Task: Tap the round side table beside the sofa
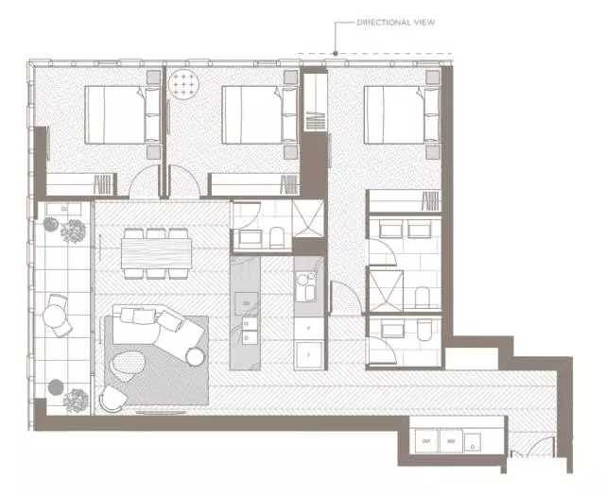click(196, 355)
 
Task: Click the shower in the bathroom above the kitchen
click(307, 222)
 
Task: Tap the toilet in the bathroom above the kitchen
click(277, 236)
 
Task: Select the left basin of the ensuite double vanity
click(388, 231)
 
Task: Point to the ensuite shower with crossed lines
click(386, 288)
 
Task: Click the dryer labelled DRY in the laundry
click(427, 441)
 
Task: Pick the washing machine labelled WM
click(449, 441)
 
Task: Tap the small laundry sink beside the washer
click(472, 441)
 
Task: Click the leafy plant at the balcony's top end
click(73, 230)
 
